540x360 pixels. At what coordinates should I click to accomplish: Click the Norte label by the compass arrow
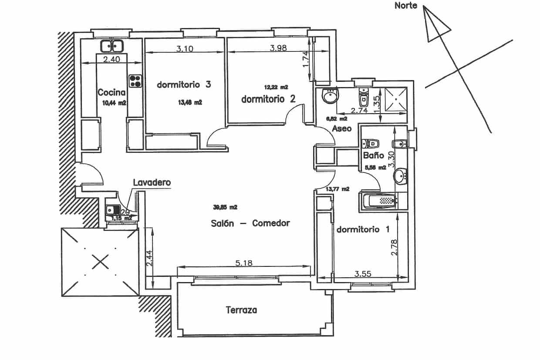coord(405,6)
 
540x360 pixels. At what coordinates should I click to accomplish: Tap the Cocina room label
coord(111,92)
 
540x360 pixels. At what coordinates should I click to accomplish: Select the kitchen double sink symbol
coord(112,45)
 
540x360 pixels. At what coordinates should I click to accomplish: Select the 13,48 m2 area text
coord(190,103)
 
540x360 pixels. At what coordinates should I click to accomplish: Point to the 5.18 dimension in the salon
coord(244,263)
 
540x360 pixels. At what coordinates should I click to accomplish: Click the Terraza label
coord(241,310)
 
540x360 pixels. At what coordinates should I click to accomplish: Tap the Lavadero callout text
coord(151,183)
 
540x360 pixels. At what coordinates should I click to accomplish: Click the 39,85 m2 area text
coord(225,208)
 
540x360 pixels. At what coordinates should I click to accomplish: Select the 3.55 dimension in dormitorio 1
coord(363,274)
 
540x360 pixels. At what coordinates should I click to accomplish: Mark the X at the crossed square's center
coord(100,262)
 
